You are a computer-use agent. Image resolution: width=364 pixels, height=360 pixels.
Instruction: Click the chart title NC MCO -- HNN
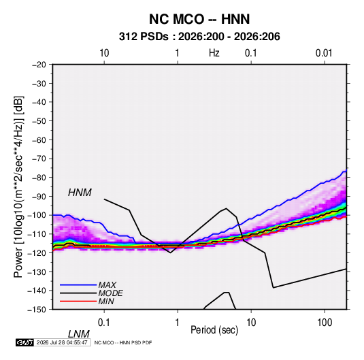tap(199, 19)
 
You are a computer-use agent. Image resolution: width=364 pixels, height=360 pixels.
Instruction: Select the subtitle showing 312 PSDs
tap(199, 37)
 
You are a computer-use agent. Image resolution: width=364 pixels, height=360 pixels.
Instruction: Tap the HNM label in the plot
tap(80, 193)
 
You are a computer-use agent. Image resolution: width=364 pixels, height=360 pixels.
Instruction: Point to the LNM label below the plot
tap(78, 334)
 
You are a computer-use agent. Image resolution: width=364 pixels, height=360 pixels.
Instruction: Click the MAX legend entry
tap(107, 284)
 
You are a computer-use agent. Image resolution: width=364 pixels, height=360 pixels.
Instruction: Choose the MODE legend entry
tap(110, 293)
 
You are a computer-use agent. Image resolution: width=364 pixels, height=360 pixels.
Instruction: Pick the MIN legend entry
tap(106, 301)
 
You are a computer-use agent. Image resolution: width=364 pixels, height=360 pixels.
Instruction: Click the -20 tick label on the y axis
tap(39, 65)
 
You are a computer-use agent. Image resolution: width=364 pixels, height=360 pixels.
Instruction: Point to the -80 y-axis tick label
tap(39, 178)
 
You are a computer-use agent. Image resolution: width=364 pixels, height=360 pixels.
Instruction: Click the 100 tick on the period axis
tap(324, 323)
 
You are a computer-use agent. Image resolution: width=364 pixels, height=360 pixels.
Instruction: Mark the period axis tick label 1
tap(178, 323)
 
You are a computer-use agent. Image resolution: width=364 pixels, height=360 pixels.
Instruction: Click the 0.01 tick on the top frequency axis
tap(324, 53)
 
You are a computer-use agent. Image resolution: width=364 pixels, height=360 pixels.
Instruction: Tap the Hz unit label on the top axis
tap(214, 53)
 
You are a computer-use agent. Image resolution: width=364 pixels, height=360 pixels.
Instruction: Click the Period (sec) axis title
tap(214, 330)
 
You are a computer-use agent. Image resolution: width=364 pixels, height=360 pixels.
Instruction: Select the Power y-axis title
tap(18, 186)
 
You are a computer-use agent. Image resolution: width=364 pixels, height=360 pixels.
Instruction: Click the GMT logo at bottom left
tap(24, 342)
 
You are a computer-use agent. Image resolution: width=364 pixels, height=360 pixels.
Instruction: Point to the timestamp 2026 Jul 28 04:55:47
tap(62, 342)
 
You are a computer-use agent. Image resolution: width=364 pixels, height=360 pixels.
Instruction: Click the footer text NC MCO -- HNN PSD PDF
tap(123, 342)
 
